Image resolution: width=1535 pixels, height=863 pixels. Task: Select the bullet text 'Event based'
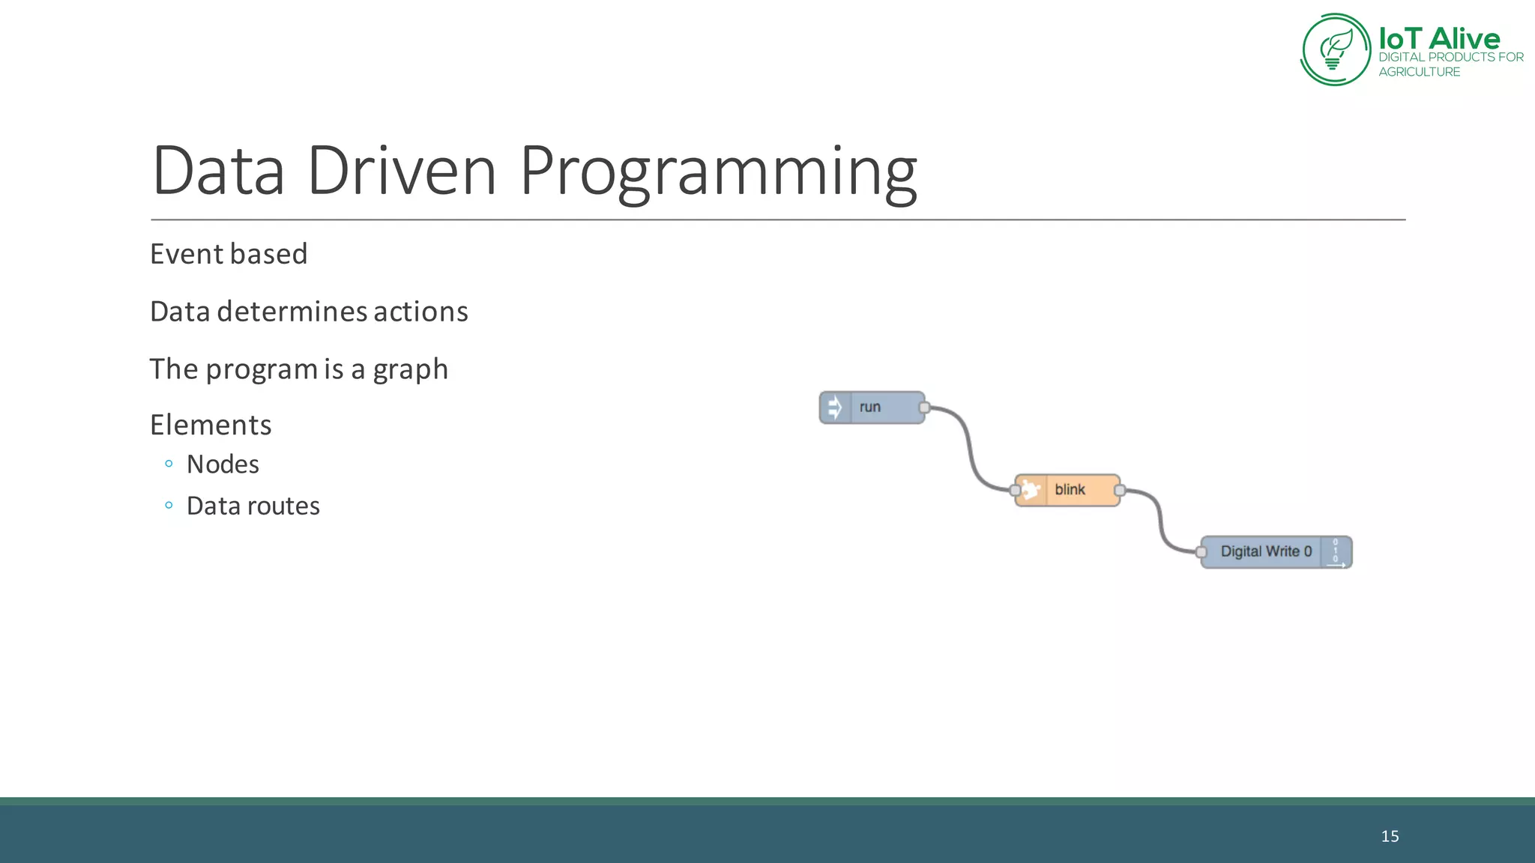coord(229,255)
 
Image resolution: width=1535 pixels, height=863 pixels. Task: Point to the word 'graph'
coord(410,370)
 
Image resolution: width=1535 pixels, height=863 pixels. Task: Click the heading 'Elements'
coord(211,426)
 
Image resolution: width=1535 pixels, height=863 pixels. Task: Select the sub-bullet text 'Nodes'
coord(223,464)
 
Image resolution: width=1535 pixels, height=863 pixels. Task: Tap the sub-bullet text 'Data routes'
coord(253,506)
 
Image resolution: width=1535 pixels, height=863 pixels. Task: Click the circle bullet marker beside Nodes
coord(169,464)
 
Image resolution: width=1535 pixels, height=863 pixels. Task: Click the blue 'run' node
coord(881,408)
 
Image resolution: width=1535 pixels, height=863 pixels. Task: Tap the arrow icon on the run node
coord(834,408)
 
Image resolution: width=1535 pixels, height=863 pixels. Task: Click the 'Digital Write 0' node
coord(1267,552)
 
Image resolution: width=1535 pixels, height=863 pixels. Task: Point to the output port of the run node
coord(924,408)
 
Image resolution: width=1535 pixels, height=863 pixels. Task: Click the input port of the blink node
coord(1016,491)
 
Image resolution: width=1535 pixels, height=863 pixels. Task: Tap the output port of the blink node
coord(1120,491)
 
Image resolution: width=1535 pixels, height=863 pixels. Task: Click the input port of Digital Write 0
coord(1201,553)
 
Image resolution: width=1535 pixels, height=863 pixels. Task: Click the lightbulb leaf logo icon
coord(1336,49)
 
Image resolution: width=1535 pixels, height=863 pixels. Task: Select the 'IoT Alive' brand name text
coord(1439,39)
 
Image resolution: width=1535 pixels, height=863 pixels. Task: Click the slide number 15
coord(1390,837)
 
